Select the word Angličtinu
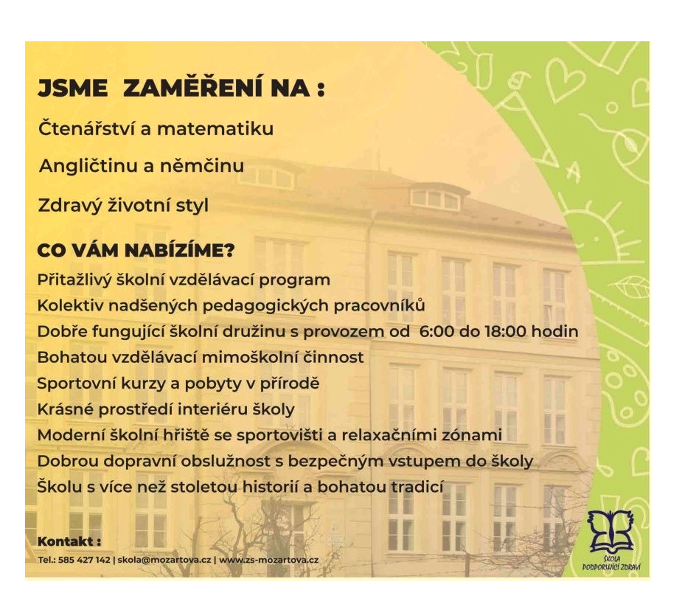(87, 166)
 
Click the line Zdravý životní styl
(124, 205)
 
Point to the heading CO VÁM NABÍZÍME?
(136, 250)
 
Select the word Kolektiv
(71, 305)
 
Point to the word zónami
(472, 435)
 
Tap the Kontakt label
(69, 542)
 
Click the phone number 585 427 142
(84, 560)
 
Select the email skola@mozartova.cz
(164, 560)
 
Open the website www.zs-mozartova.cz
(269, 560)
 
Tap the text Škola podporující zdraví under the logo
(611, 563)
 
